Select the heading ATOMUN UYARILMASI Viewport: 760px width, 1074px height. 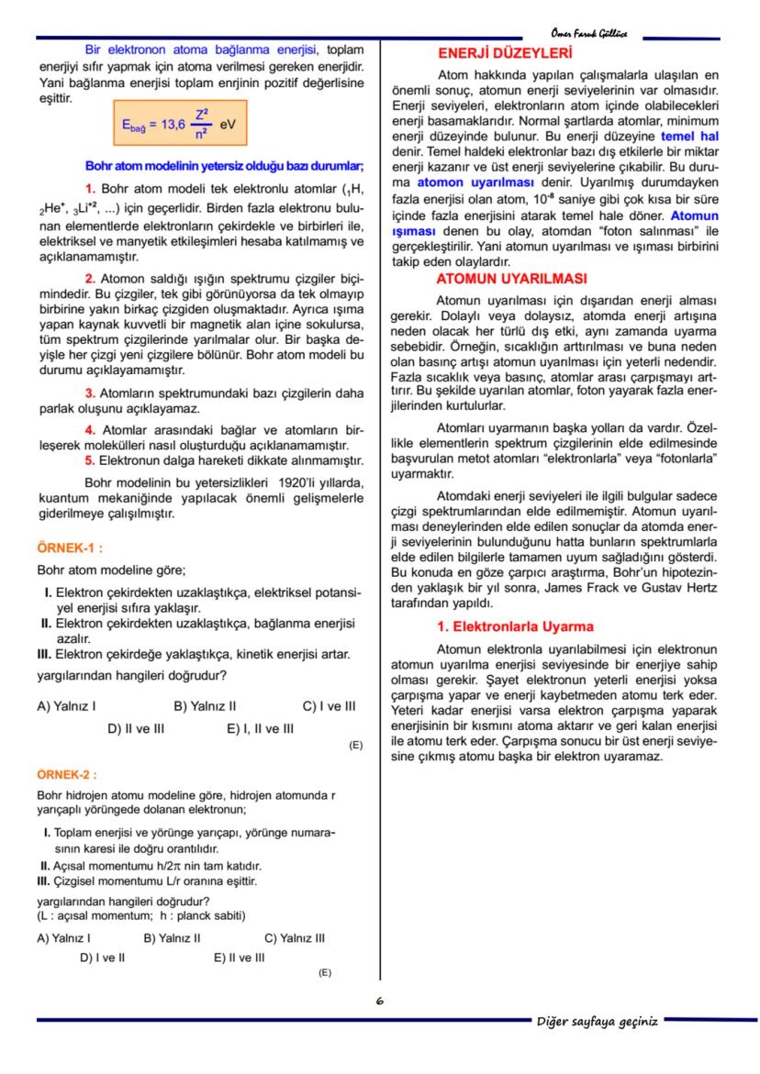point(511,278)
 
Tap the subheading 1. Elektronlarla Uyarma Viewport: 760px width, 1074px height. point(515,626)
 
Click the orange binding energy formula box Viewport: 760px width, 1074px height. point(172,123)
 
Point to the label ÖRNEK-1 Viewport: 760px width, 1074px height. point(69,548)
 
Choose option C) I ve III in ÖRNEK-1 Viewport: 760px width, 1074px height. point(329,706)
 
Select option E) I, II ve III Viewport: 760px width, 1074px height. point(260,728)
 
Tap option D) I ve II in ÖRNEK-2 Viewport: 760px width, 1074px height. point(102,957)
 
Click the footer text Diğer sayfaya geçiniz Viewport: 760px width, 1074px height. point(597,1021)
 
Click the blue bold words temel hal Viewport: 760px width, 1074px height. point(689,135)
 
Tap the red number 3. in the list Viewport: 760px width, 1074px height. point(90,394)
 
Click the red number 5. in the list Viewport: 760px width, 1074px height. point(90,459)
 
